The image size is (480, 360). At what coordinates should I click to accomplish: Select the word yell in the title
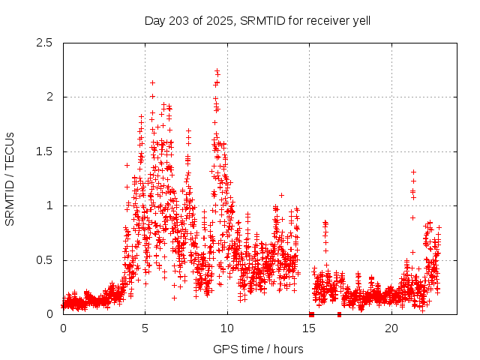pos(360,20)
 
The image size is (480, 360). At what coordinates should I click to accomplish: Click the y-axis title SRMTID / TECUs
pos(10,178)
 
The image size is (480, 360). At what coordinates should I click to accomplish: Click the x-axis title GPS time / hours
pos(258,349)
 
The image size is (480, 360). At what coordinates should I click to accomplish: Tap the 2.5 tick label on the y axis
pos(45,43)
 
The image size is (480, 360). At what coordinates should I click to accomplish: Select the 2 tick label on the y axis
pos(49,97)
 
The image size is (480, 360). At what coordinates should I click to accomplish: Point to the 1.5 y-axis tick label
pos(45,151)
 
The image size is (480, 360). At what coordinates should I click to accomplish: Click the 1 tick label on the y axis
pos(49,205)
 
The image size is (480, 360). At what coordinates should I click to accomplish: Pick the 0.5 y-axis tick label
pos(45,260)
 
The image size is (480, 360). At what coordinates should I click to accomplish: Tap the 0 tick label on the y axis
pos(49,314)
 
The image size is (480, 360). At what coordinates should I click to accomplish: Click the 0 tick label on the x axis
pos(63,328)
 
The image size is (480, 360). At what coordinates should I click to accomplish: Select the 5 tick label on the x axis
pos(145,328)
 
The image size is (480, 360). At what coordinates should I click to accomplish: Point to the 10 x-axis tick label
pos(227,328)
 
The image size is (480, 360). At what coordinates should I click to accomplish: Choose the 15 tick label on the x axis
pos(310,328)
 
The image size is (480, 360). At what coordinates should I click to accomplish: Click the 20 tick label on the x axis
pos(391,328)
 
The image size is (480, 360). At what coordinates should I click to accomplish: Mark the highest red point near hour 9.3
pos(217,70)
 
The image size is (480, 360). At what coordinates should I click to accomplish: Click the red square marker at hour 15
pos(311,314)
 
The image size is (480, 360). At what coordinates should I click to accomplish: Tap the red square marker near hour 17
pos(339,314)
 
